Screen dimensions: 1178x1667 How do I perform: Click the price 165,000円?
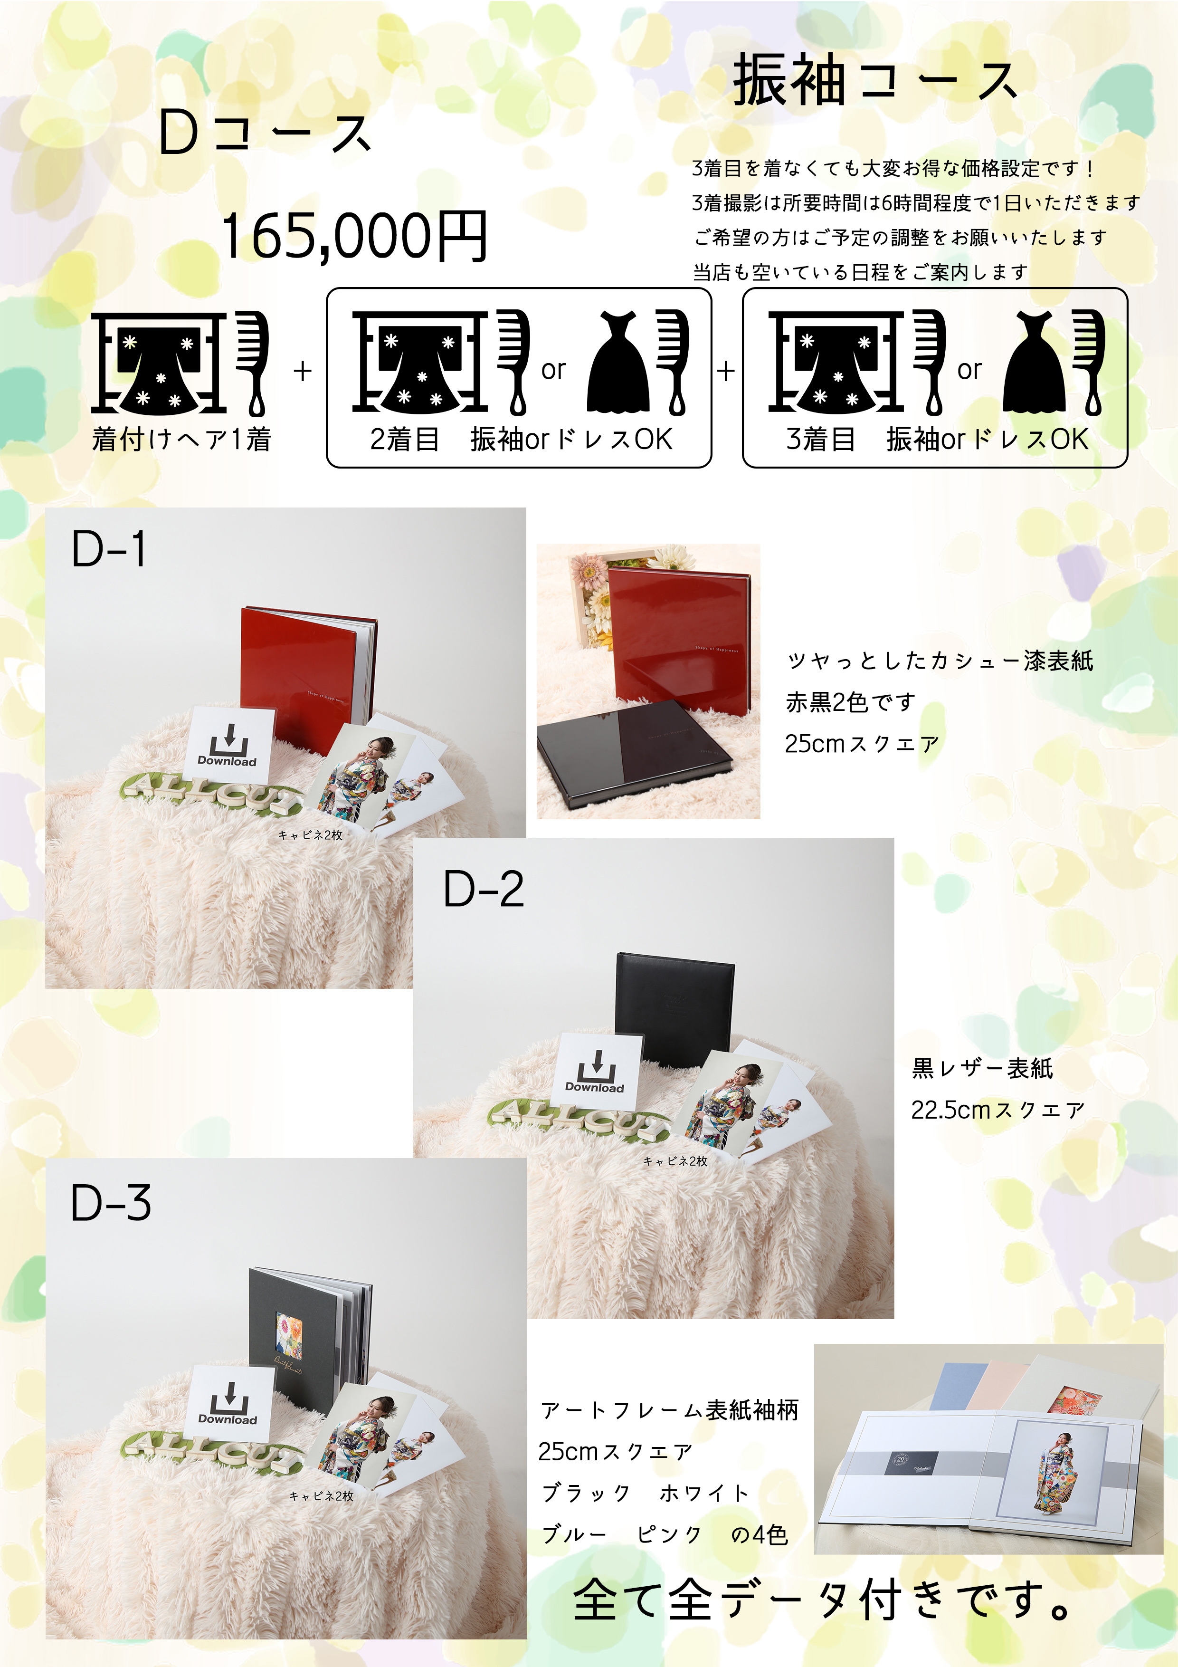click(354, 236)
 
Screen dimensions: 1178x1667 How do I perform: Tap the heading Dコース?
click(266, 133)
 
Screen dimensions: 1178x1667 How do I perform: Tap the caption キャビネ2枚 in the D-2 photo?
click(676, 1161)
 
